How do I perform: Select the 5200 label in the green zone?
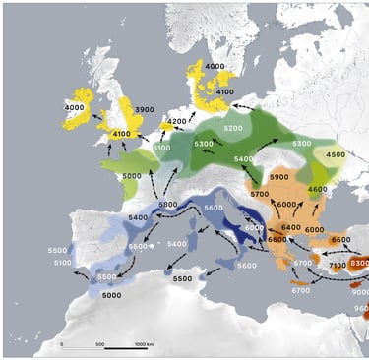coord(233,129)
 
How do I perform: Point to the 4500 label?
coord(336,154)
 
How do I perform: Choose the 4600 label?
coord(317,189)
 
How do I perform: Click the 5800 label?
coord(169,205)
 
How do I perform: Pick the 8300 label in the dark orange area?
coord(359,263)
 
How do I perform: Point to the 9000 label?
coord(360,293)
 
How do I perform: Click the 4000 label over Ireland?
coord(74,107)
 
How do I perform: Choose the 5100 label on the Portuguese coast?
coord(60,263)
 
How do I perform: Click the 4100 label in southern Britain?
coord(123,134)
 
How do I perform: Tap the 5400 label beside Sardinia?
coord(177,243)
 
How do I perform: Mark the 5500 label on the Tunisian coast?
coord(183,279)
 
